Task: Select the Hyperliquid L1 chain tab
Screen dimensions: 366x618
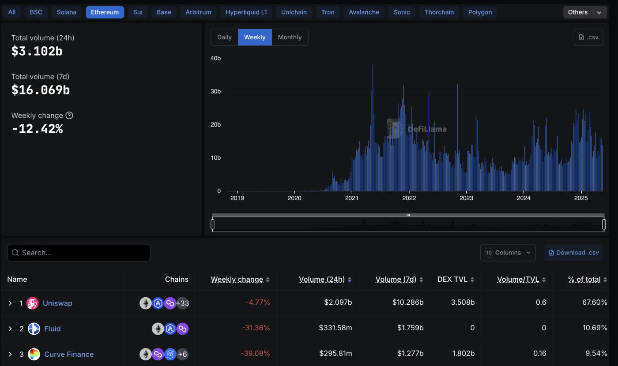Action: tap(246, 12)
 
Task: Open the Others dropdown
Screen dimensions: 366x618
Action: tap(584, 12)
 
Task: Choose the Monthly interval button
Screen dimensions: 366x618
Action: tap(290, 37)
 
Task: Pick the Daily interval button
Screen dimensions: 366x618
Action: tap(224, 37)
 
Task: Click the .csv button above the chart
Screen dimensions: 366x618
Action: tap(588, 37)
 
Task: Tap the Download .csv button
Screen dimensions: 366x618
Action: tap(573, 253)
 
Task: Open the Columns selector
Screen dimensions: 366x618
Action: tap(508, 253)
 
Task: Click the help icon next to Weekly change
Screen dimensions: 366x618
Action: tap(69, 116)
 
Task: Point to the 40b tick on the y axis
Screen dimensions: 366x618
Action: tap(216, 58)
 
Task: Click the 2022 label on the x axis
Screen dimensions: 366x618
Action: tap(409, 198)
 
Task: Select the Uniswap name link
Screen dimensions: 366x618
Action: tap(57, 303)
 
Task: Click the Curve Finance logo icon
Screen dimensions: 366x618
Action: tap(34, 354)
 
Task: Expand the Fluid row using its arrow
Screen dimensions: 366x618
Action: tap(10, 329)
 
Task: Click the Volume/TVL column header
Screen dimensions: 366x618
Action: tap(518, 279)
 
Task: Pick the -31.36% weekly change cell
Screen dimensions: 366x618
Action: tap(256, 328)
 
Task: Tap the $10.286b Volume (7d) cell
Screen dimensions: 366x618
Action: tap(407, 302)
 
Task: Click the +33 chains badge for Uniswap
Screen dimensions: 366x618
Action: tap(182, 303)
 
